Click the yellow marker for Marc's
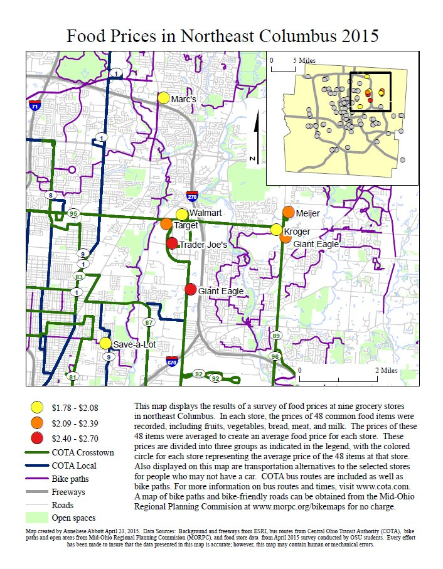click(x=163, y=98)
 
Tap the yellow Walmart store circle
click(x=182, y=215)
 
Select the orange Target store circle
click(x=166, y=224)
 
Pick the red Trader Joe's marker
click(x=172, y=243)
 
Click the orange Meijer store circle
click(x=289, y=212)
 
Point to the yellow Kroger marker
click(x=276, y=230)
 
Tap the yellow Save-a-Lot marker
click(x=105, y=343)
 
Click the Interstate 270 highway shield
click(x=192, y=196)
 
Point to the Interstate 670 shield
click(x=171, y=361)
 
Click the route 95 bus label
click(x=74, y=213)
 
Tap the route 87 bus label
click(x=149, y=322)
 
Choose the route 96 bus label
click(x=275, y=356)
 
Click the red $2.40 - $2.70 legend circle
click(x=38, y=437)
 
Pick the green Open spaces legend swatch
click(x=38, y=518)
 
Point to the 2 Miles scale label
click(x=386, y=370)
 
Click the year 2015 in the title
click(x=351, y=35)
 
